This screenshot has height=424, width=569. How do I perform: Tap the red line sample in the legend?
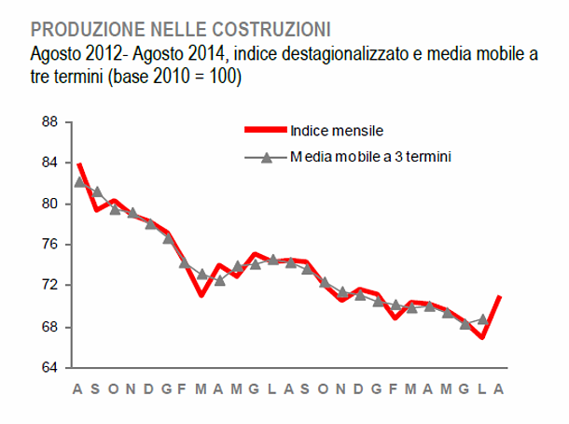click(x=265, y=130)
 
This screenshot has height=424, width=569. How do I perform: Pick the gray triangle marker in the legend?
click(x=265, y=158)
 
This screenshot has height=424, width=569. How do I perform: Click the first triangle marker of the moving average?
click(x=79, y=182)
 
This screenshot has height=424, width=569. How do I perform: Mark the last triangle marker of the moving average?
click(x=482, y=318)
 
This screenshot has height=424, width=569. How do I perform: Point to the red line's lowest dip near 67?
click(x=482, y=336)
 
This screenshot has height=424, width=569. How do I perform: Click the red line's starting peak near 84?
click(x=79, y=163)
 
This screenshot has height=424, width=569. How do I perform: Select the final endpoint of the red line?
click(x=500, y=297)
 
